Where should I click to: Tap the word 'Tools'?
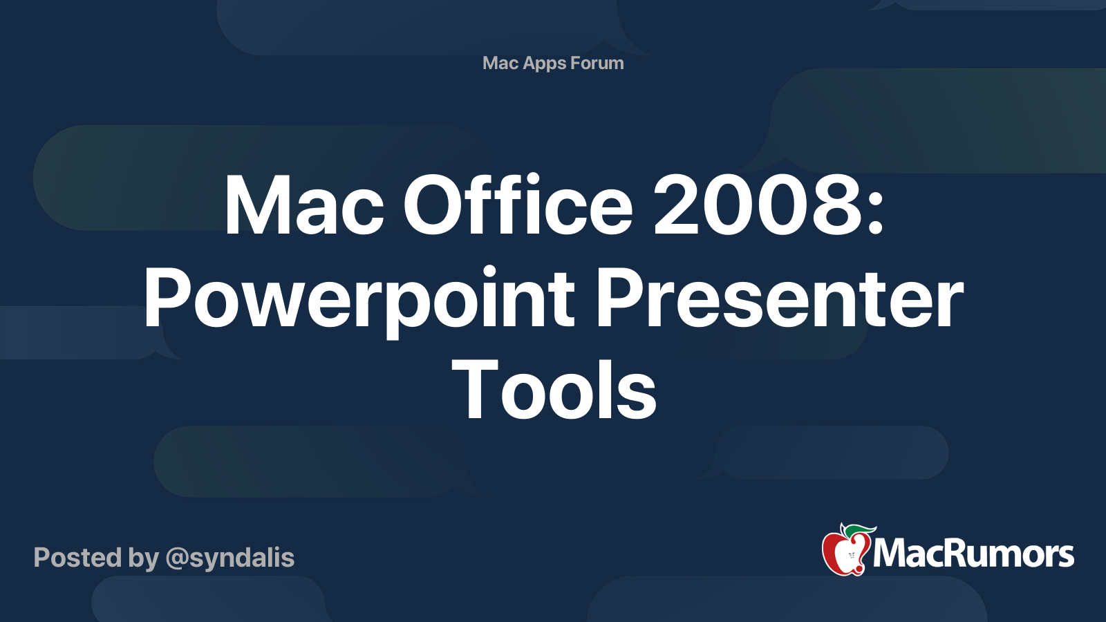554,389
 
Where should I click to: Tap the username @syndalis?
230,558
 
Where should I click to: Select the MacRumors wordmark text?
973,554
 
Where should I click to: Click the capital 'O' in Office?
433,204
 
